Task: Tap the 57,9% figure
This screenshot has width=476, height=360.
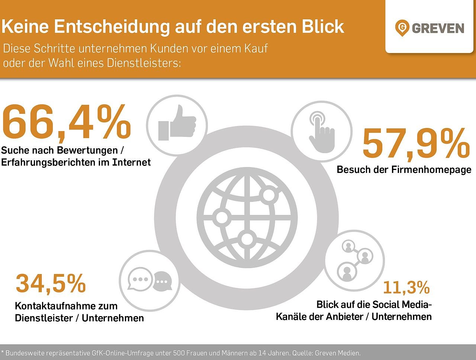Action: [416, 143]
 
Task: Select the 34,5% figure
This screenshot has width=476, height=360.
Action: [51, 283]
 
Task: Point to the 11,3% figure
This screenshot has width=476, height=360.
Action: [406, 287]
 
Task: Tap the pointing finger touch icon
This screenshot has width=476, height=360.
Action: [321, 132]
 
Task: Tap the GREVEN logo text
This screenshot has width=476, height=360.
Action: [438, 28]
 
